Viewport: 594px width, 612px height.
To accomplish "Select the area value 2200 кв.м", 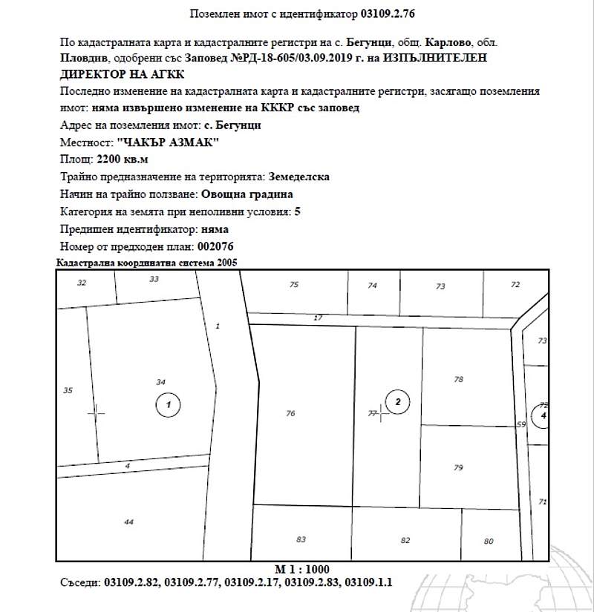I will coord(123,159).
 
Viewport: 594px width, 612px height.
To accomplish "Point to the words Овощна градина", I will coord(247,194).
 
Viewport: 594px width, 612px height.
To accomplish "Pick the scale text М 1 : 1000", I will coord(301,569).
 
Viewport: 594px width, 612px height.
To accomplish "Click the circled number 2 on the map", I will coord(398,403).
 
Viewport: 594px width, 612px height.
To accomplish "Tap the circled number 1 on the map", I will coord(169,404).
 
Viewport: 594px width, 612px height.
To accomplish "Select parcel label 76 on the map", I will coord(290,413).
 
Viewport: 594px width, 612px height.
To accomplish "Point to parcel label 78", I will coord(458,379).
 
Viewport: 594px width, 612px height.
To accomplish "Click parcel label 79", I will coord(458,467).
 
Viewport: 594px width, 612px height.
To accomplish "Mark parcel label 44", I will coord(128,522).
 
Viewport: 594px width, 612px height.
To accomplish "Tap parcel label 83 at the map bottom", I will coord(301,539).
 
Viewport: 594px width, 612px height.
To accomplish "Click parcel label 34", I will coord(160,381).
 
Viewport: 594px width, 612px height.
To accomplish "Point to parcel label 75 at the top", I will coord(294,285).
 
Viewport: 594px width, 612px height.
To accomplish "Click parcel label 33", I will coord(154,279).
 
